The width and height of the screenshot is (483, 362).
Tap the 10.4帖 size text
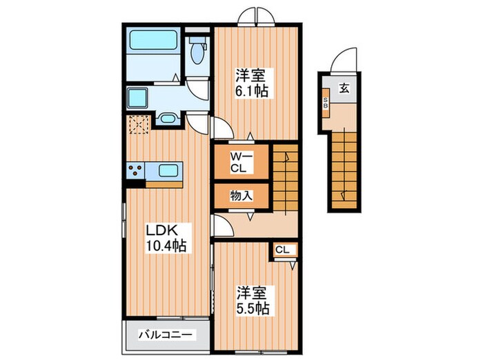click(x=166, y=245)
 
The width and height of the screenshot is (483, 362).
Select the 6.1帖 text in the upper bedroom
click(x=250, y=90)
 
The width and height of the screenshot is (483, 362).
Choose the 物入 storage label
click(x=241, y=196)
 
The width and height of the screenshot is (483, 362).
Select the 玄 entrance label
click(x=343, y=87)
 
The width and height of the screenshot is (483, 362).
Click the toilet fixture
click(x=199, y=50)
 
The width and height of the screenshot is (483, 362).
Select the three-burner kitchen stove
click(x=135, y=170)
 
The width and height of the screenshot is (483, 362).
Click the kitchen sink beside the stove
click(x=168, y=170)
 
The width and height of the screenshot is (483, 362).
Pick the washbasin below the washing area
click(x=166, y=119)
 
